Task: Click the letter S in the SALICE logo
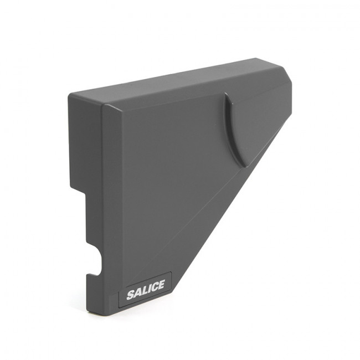(x=130, y=295)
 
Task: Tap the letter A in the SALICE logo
(x=138, y=292)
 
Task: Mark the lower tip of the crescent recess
(x=245, y=166)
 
